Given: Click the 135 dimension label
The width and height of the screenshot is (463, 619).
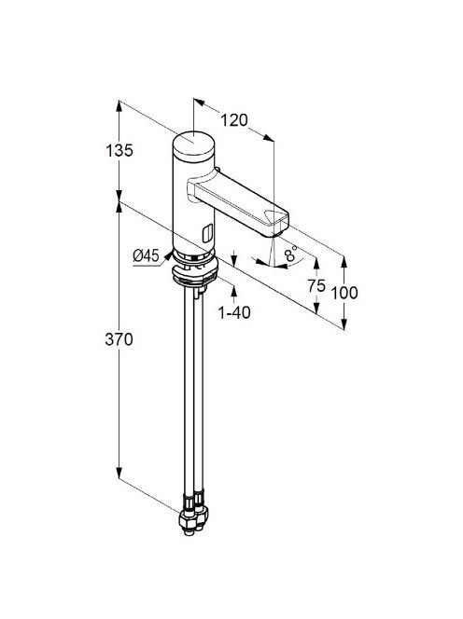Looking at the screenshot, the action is pos(119,150).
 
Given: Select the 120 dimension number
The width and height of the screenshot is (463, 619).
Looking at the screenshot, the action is pos(233,120).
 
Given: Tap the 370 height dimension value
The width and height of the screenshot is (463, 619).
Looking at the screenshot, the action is pos(119,339).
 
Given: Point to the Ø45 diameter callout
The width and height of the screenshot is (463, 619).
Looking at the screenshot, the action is pos(146,255).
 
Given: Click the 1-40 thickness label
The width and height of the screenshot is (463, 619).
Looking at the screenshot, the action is pos(234,312).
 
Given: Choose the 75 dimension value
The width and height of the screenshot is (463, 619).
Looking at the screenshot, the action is pos(316,285).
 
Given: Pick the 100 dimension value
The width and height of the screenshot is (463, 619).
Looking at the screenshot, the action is pos(344,293).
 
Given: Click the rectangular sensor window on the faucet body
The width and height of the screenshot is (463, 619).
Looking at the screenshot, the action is pos(207,233).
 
